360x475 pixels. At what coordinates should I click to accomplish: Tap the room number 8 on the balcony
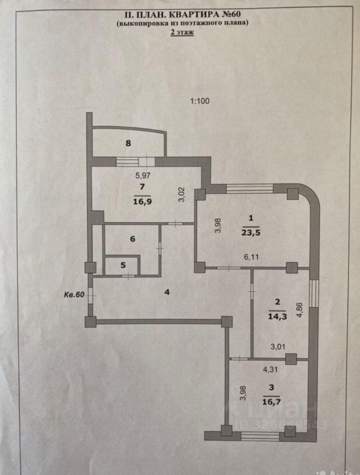(128, 144)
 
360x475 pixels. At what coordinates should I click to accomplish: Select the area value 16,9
(142, 200)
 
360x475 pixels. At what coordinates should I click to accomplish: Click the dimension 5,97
(143, 175)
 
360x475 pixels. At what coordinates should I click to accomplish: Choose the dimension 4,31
(270, 368)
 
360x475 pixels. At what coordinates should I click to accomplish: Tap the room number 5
(123, 265)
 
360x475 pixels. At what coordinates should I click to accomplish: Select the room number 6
(132, 238)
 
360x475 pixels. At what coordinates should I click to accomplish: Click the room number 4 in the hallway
(167, 292)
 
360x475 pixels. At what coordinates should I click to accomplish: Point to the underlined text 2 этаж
(182, 33)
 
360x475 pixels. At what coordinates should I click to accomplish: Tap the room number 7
(142, 187)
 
